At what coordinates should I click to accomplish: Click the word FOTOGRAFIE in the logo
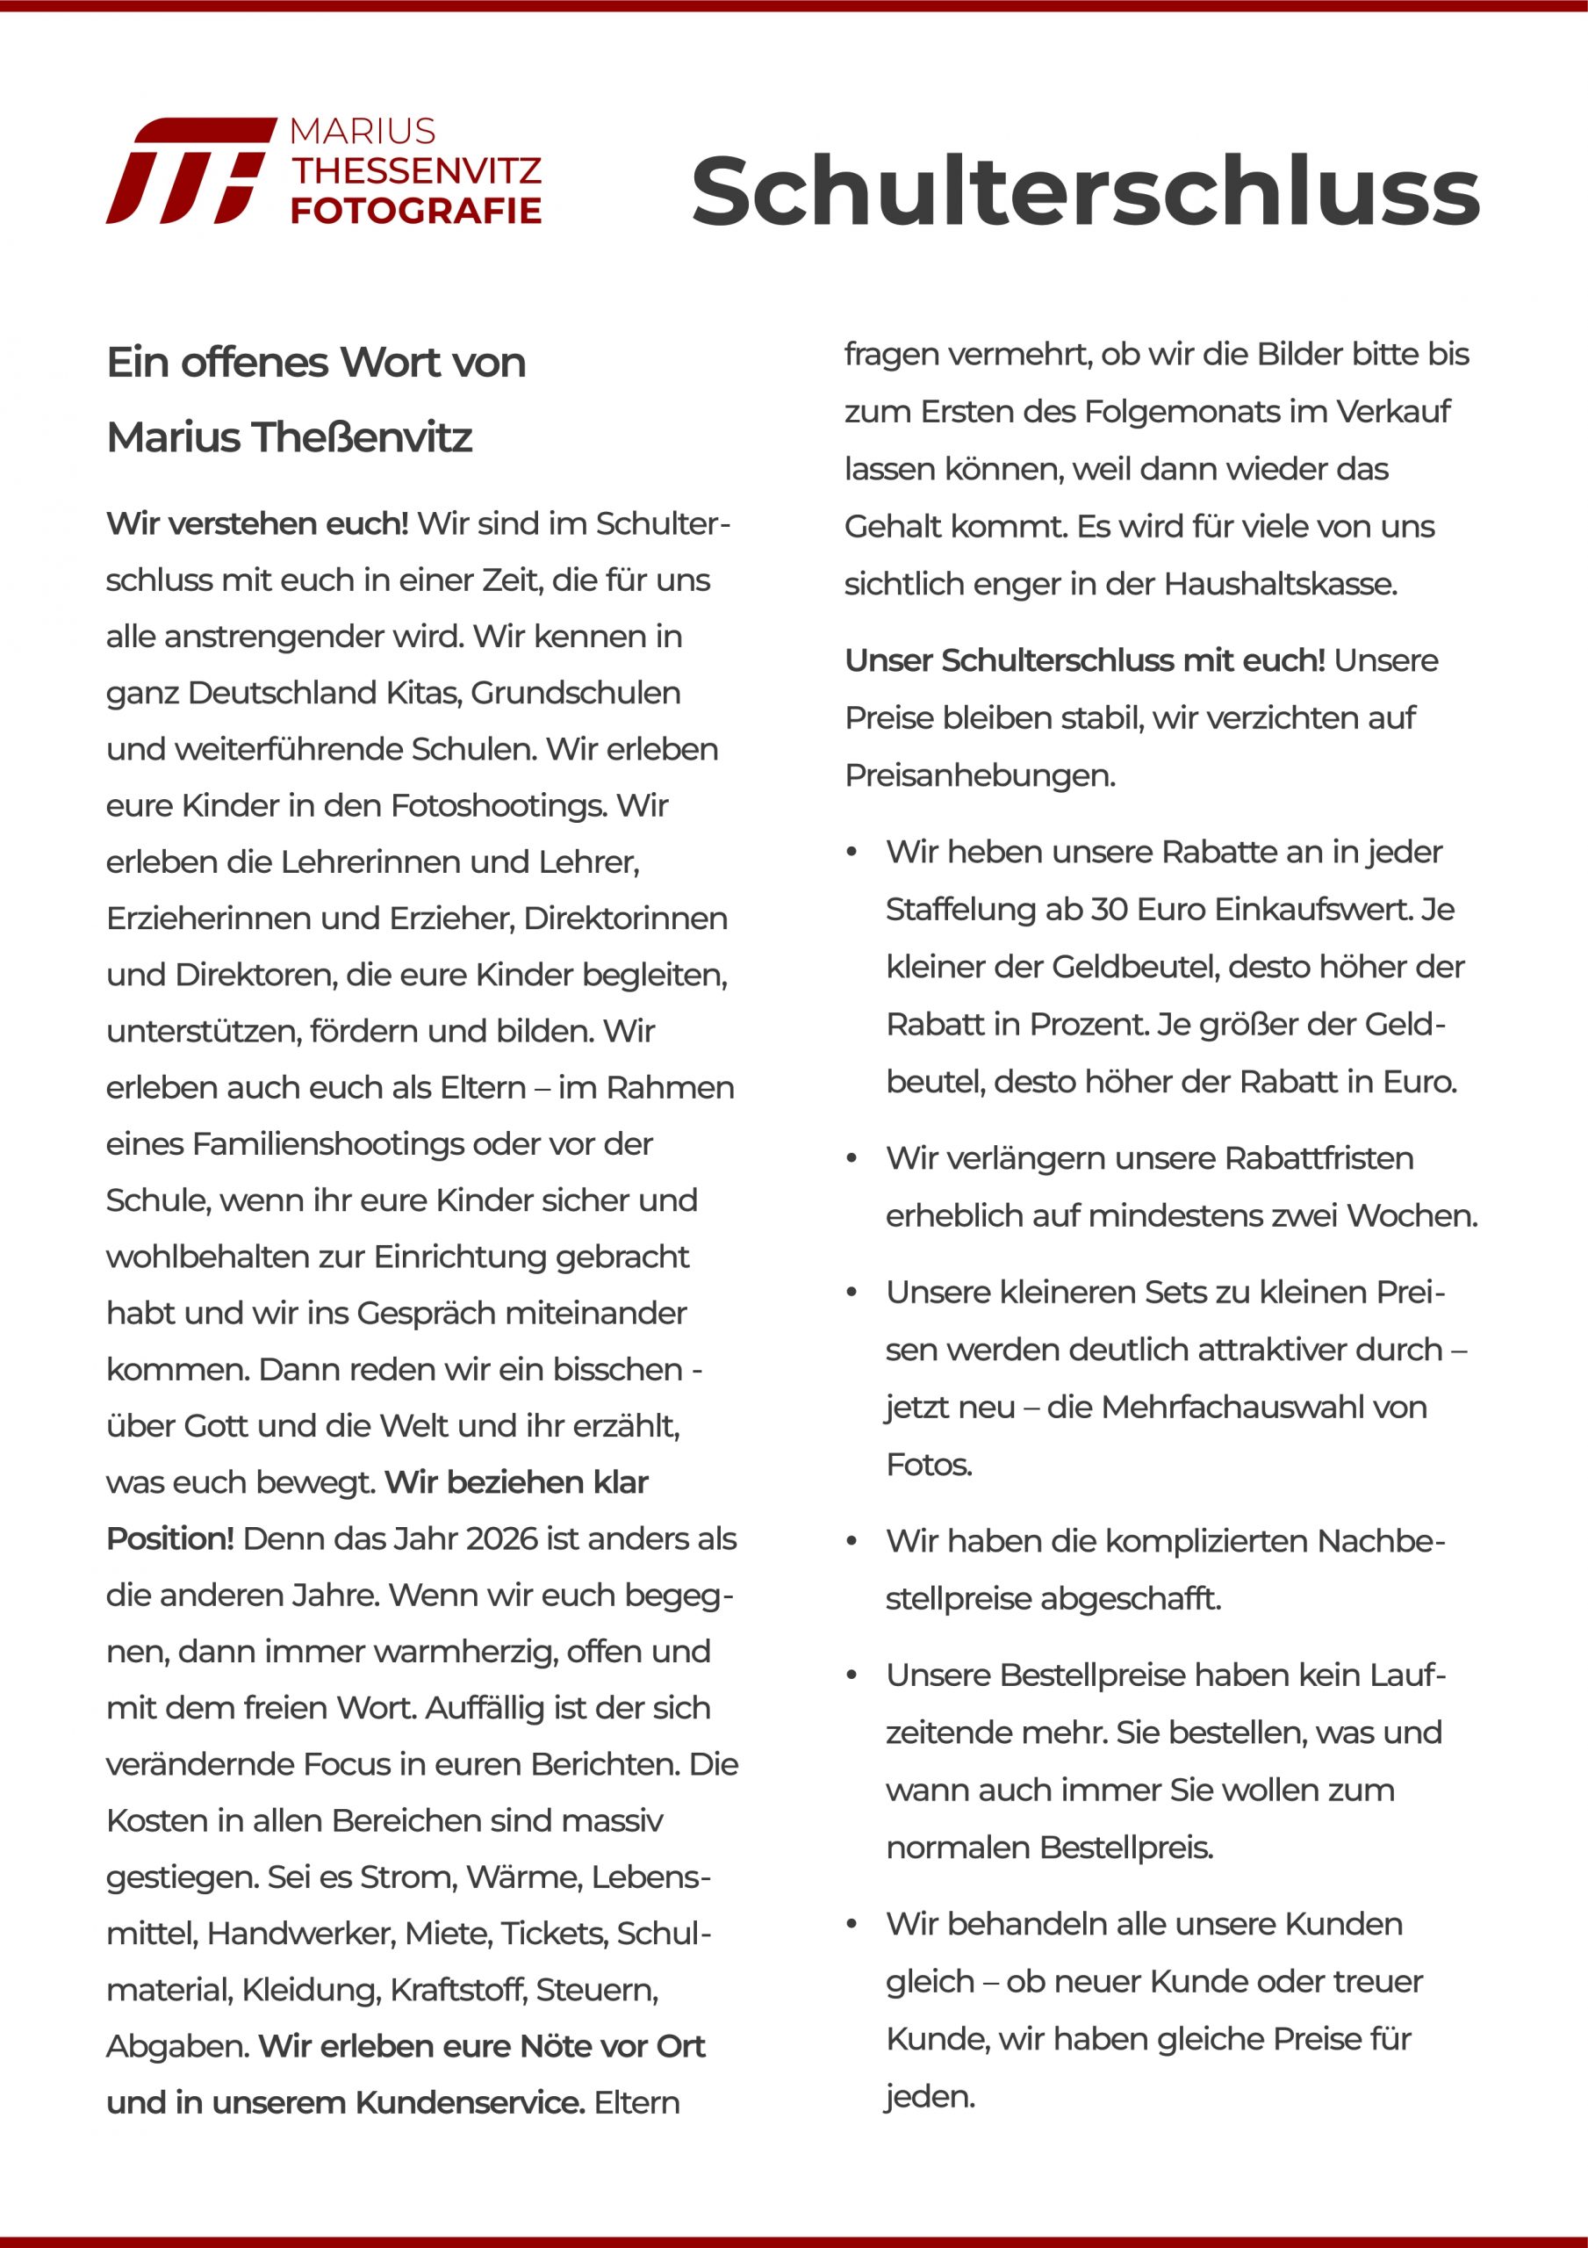(x=416, y=211)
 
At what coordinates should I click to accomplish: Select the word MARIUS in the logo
(x=363, y=131)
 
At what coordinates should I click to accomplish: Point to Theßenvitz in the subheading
(x=363, y=437)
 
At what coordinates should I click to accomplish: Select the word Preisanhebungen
(x=980, y=775)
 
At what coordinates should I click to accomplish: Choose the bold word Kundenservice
(x=470, y=2103)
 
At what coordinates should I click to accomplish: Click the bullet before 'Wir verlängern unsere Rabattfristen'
(x=851, y=1159)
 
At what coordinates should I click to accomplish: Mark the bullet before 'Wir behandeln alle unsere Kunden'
(x=851, y=1925)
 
